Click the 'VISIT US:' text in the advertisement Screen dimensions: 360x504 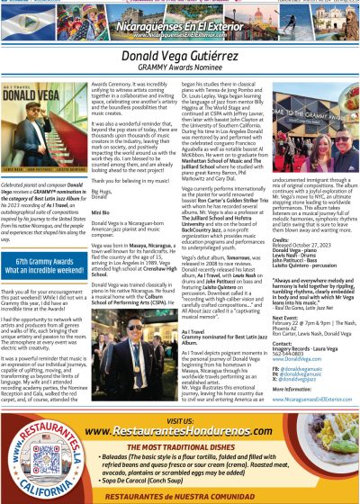tap(180, 419)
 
